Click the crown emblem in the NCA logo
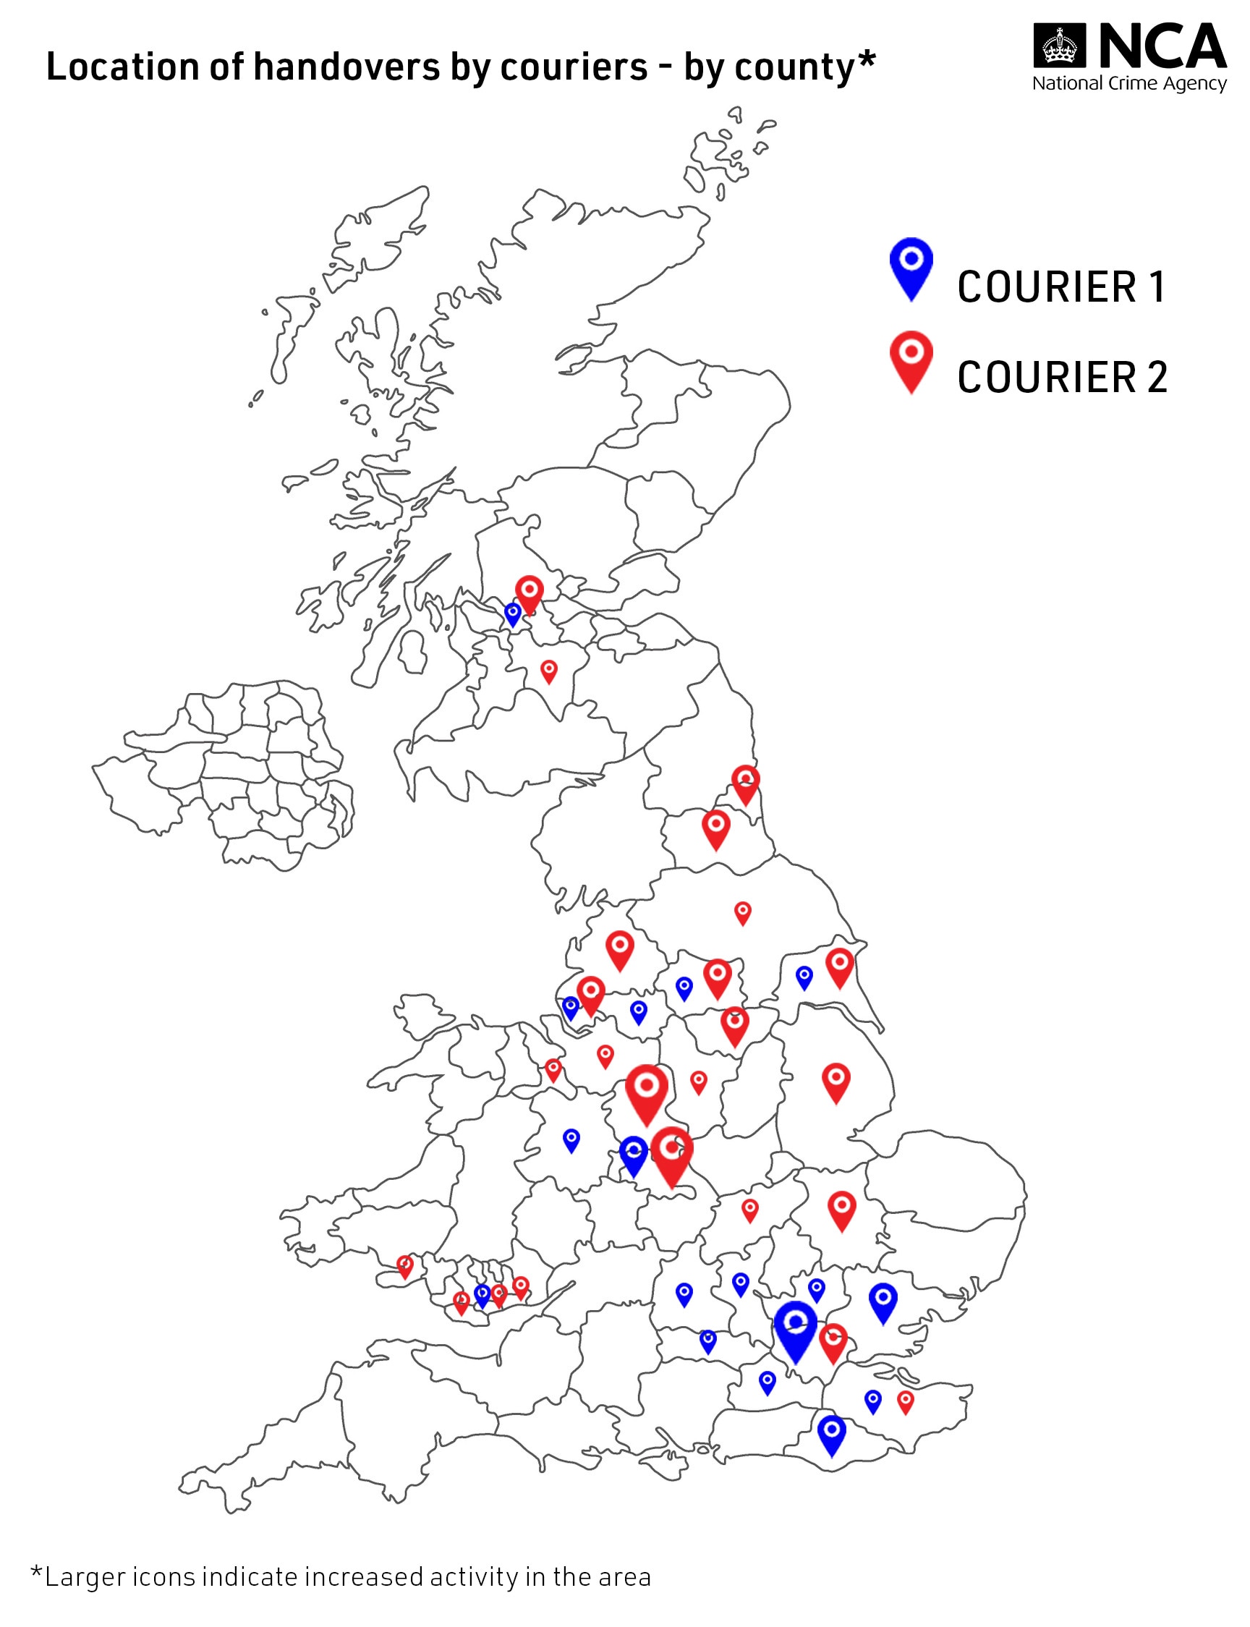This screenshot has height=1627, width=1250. click(1060, 46)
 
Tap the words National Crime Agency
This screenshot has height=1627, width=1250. click(1128, 83)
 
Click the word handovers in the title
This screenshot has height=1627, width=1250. click(346, 67)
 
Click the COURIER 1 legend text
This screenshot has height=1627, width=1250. click(1061, 287)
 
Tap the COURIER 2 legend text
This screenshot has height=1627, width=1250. click(1062, 377)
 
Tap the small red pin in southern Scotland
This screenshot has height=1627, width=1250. click(549, 671)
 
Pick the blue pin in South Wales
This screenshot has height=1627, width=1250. click(482, 1295)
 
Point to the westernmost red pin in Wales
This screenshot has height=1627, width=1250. click(405, 1266)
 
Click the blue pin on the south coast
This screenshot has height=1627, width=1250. click(831, 1432)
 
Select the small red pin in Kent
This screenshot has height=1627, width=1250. click(905, 1402)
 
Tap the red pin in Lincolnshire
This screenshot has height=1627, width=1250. click(836, 1081)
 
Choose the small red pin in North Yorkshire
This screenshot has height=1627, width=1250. click(743, 913)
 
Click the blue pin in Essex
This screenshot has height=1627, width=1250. click(883, 1301)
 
